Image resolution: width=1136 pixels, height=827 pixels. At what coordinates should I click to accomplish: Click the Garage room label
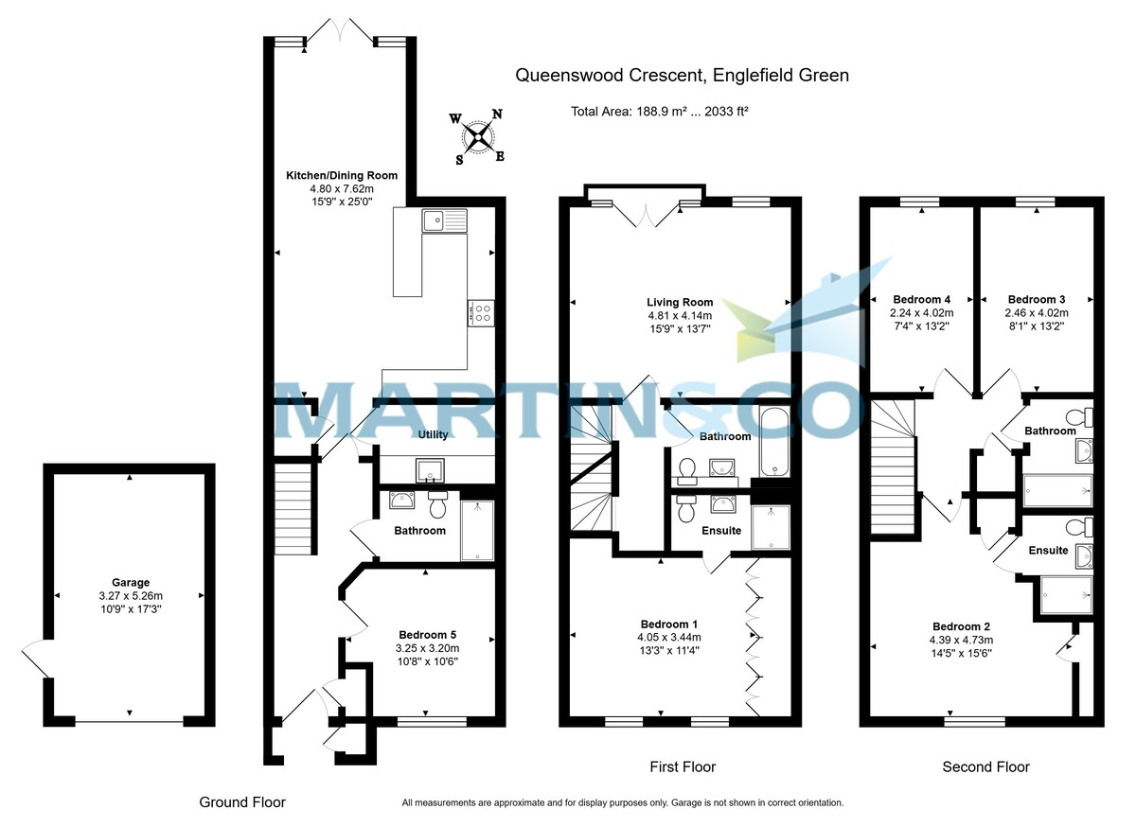tap(130, 583)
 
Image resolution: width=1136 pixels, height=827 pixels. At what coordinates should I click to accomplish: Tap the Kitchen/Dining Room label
tap(342, 175)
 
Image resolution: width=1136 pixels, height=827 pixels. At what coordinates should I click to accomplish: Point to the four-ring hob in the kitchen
tap(481, 312)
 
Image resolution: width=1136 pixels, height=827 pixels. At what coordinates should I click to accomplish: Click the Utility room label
tap(435, 434)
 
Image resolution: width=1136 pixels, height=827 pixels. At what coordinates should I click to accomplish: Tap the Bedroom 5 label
tap(428, 634)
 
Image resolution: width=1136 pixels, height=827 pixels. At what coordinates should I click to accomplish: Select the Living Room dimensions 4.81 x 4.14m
tap(679, 315)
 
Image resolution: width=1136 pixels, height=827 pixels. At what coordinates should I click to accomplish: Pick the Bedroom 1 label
tap(669, 625)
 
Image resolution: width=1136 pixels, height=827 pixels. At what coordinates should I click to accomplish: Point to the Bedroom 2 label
tap(961, 626)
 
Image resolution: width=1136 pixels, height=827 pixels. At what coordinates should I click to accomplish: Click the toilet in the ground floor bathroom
tap(438, 505)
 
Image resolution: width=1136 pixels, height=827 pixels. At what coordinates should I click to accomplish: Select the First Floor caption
tap(683, 766)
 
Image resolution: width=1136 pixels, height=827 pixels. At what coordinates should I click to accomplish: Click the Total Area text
tap(660, 111)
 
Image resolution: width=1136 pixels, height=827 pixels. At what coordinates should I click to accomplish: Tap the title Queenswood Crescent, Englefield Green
tap(682, 75)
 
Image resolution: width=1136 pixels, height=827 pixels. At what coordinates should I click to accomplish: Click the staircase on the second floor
tap(893, 468)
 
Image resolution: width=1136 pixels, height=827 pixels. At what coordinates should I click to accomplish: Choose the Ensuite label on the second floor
tap(1048, 550)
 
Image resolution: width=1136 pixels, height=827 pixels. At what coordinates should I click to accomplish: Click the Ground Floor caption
tap(241, 801)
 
